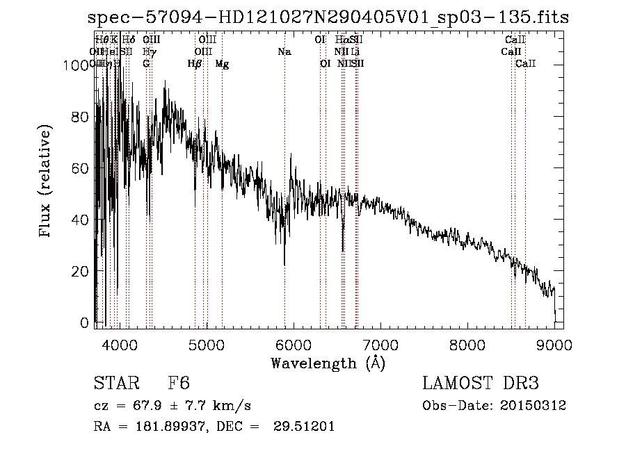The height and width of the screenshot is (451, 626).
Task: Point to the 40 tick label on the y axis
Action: pyautogui.click(x=79, y=220)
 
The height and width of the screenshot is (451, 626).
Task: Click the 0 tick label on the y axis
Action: pyautogui.click(x=84, y=323)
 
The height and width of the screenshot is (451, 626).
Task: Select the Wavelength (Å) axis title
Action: pyautogui.click(x=328, y=363)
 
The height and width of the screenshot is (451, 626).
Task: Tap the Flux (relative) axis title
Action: pyautogui.click(x=46, y=183)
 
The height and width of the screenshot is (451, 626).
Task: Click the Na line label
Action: pyautogui.click(x=284, y=51)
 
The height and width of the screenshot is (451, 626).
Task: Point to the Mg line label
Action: pyautogui.click(x=222, y=64)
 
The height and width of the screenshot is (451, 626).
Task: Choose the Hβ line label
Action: pyautogui.click(x=195, y=64)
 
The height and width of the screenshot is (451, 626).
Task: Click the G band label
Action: pyautogui.click(x=146, y=63)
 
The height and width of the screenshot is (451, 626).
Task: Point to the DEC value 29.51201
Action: pyautogui.click(x=305, y=426)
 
